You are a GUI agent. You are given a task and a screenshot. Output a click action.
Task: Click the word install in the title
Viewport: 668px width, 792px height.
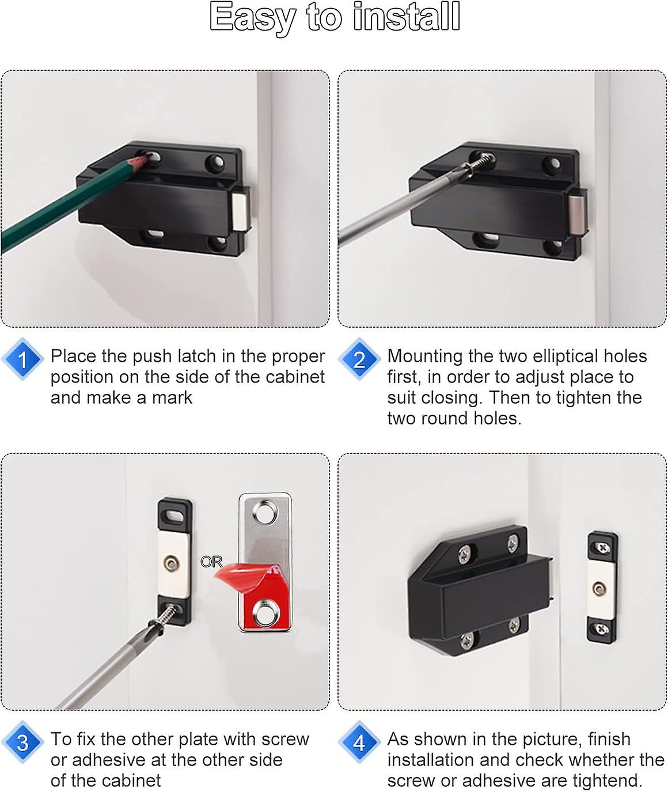pos(407,17)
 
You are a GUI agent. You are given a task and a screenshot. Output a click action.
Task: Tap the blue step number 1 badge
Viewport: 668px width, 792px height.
pos(22,359)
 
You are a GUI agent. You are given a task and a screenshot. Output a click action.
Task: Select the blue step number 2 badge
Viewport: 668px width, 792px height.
pos(359,359)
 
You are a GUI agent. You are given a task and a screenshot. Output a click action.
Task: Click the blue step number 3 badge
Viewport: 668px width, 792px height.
pos(22,742)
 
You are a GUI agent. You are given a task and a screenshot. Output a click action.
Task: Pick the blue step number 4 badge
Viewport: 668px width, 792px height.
pos(359,742)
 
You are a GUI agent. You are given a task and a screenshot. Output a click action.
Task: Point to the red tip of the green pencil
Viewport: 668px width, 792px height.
pos(140,161)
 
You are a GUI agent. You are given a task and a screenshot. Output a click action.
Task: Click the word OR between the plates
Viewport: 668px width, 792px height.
pos(211,562)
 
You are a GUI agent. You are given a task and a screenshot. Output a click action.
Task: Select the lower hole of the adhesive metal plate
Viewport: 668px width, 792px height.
pos(265,613)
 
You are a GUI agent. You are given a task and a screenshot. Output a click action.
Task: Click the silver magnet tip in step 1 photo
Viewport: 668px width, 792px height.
pos(241,211)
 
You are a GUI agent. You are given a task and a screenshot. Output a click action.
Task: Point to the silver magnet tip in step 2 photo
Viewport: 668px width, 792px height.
pos(577,213)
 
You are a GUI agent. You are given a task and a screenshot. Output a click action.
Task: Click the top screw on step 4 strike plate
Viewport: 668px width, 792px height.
pos(602,548)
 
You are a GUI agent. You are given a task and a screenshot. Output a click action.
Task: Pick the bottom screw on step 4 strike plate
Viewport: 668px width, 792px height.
pos(602,630)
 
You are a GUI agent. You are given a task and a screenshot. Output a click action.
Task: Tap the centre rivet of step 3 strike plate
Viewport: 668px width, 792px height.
pos(171,562)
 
